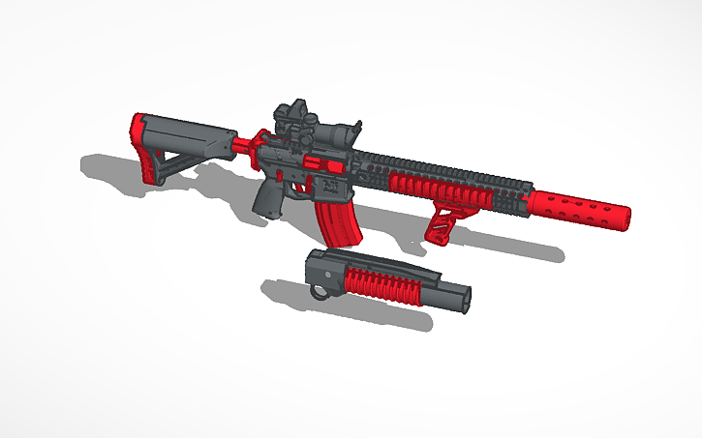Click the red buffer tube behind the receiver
pyautogui.click(x=243, y=145)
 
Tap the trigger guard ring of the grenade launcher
pyautogui.click(x=317, y=289)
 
